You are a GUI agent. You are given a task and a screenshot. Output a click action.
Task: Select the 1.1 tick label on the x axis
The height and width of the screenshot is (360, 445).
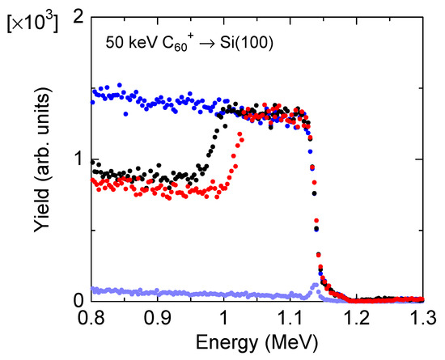coord(290,319)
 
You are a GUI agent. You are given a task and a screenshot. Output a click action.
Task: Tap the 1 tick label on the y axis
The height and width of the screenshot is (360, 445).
coord(76,159)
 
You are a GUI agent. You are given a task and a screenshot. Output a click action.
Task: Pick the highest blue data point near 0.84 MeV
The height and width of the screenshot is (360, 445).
coord(121,84)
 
